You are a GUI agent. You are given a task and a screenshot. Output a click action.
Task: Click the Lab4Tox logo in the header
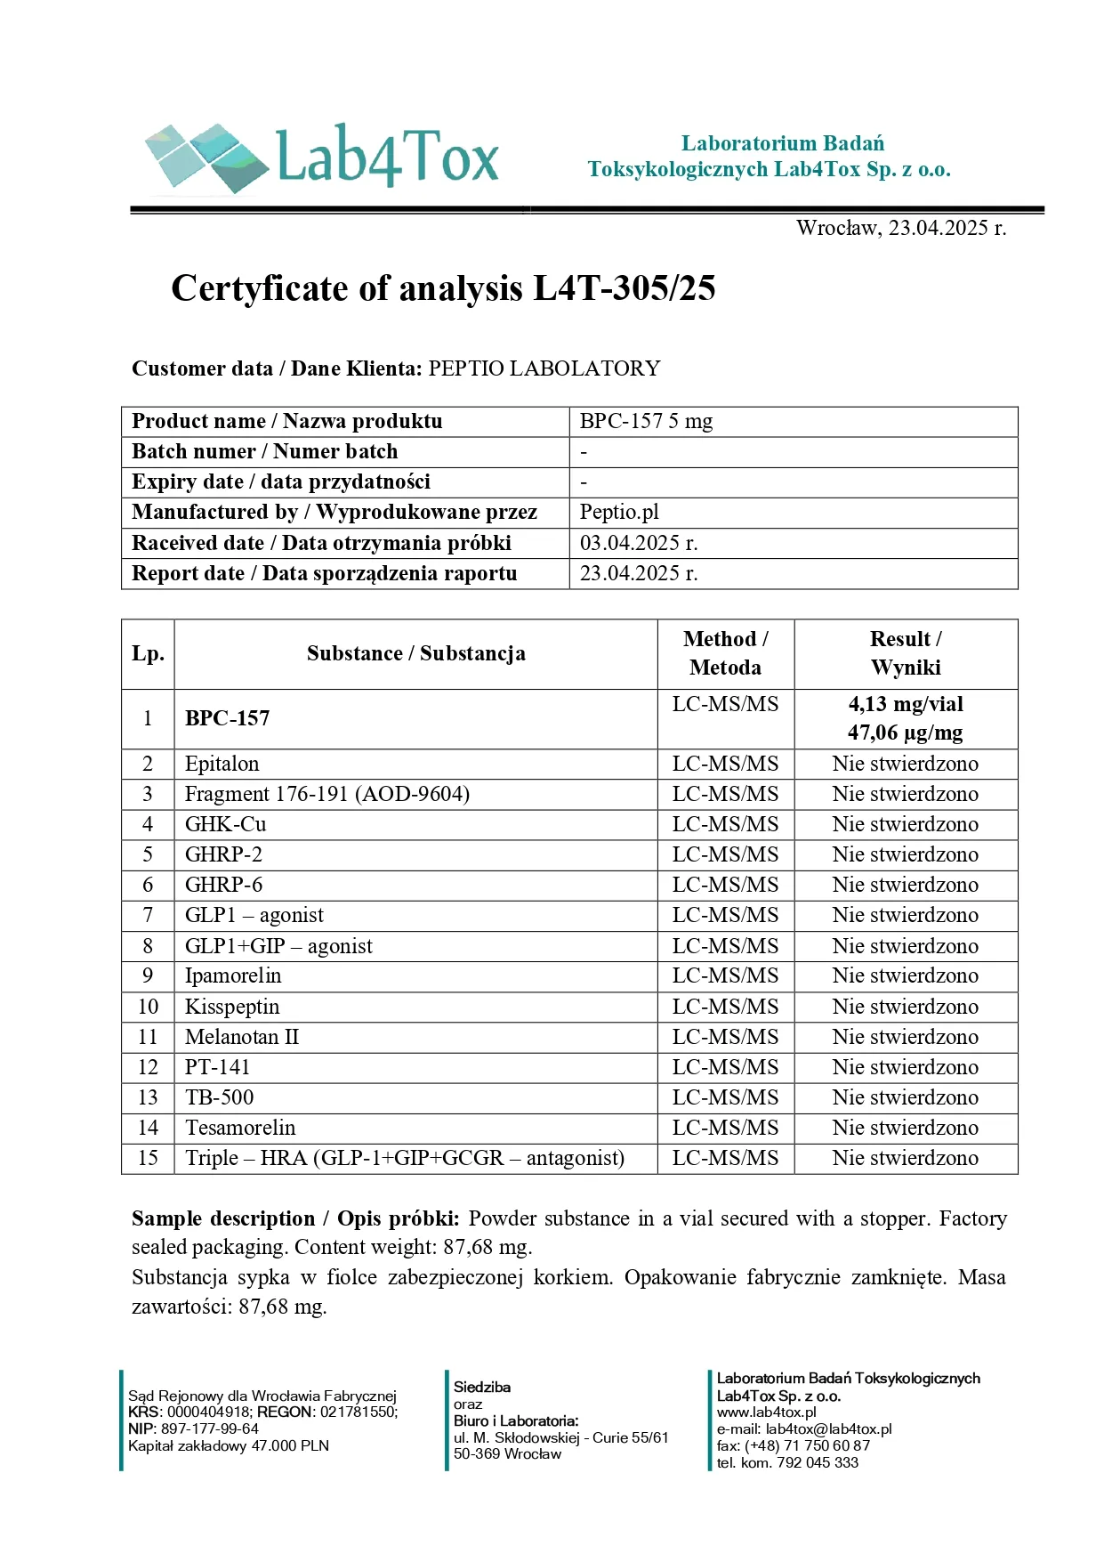pyautogui.click(x=322, y=158)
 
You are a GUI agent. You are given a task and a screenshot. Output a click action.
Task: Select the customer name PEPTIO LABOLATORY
pyautogui.click(x=544, y=368)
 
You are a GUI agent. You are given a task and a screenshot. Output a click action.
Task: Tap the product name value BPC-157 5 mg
pyautogui.click(x=646, y=421)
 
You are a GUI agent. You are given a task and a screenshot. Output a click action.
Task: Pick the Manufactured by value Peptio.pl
pyautogui.click(x=619, y=512)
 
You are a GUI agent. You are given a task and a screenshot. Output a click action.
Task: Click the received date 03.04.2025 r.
pyautogui.click(x=638, y=543)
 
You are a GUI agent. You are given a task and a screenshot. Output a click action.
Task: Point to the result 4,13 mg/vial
pyautogui.click(x=905, y=704)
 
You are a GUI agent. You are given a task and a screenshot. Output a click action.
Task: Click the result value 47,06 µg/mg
pyautogui.click(x=905, y=732)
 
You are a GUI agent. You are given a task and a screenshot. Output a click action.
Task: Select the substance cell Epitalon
pyautogui.click(x=222, y=764)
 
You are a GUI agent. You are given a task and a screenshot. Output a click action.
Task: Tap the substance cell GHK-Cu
pyautogui.click(x=225, y=824)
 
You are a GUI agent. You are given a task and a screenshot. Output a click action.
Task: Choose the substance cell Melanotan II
pyautogui.click(x=242, y=1037)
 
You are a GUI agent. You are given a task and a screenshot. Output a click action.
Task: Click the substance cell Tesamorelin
pyautogui.click(x=240, y=1128)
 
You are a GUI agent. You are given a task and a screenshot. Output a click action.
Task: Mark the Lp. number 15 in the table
pyautogui.click(x=148, y=1158)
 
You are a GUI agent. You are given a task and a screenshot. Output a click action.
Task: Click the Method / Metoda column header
pyautogui.click(x=725, y=653)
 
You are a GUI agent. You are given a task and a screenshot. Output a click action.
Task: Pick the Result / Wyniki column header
pyautogui.click(x=905, y=653)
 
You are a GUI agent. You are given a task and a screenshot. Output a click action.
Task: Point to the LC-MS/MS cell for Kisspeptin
pyautogui.click(x=725, y=1007)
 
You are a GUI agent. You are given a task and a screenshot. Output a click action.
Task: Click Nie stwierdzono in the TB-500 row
pyautogui.click(x=905, y=1097)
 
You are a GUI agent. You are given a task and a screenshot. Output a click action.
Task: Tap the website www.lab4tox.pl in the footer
pyautogui.click(x=766, y=1412)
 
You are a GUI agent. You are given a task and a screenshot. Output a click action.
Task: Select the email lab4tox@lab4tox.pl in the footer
pyautogui.click(x=828, y=1428)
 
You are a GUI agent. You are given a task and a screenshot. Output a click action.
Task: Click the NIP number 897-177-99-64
pyautogui.click(x=210, y=1428)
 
